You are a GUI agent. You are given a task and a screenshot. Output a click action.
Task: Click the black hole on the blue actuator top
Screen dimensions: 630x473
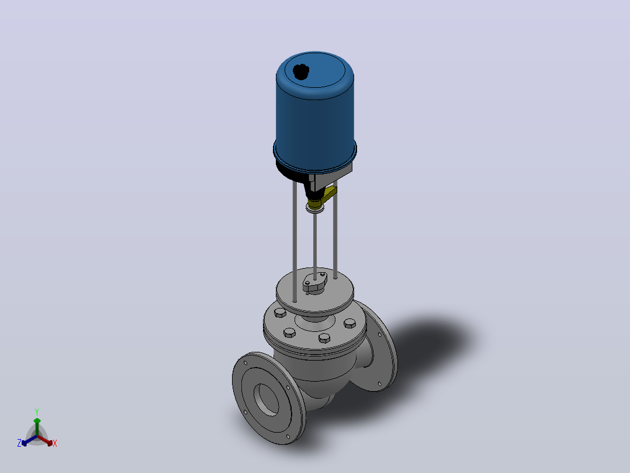point(301,72)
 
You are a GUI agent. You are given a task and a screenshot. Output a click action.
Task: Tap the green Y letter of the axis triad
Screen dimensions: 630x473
point(37,412)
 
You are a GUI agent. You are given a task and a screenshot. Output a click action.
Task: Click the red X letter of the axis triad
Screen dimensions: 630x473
point(55,443)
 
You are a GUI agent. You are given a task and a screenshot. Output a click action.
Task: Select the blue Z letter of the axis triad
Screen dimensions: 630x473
point(19,443)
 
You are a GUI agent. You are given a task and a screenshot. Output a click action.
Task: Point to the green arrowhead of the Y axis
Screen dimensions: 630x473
point(37,421)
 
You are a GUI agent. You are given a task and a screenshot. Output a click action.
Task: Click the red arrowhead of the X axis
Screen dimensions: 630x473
point(50,443)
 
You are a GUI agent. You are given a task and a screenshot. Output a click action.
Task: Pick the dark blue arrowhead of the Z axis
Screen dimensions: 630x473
point(25,443)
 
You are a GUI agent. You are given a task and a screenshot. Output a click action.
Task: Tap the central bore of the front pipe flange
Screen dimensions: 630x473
point(266,399)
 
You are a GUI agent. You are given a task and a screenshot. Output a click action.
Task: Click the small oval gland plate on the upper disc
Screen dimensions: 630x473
point(314,282)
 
